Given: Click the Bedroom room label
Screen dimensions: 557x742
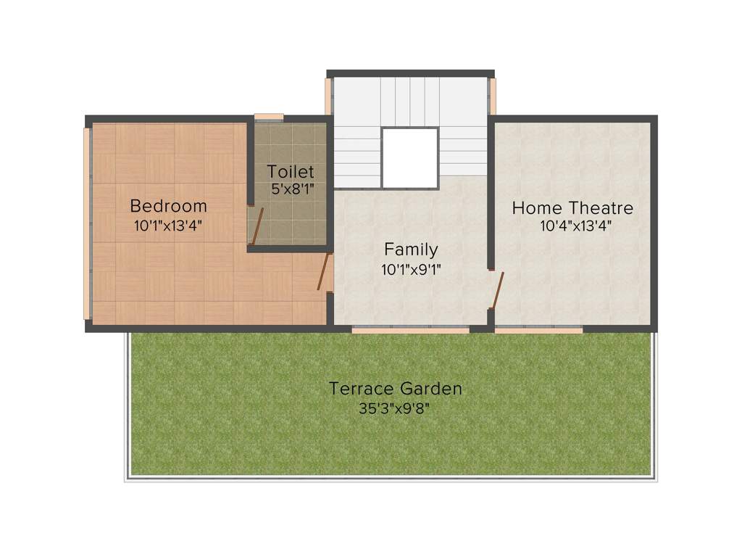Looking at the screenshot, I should [x=168, y=206].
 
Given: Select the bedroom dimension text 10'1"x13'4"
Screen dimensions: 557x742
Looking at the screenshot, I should [x=168, y=226].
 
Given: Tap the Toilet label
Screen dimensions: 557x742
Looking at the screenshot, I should [x=291, y=172].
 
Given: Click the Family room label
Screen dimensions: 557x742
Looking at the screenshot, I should [x=411, y=249].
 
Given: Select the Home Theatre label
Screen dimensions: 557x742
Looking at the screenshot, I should [x=572, y=208].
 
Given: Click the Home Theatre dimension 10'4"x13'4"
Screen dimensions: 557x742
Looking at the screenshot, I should [x=576, y=226].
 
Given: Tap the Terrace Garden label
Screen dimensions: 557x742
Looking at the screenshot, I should [x=395, y=389].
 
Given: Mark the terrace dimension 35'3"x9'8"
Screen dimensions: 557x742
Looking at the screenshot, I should [x=396, y=408].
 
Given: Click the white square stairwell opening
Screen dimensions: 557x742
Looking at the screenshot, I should [x=410, y=158].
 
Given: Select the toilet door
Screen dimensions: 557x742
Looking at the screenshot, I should [x=256, y=225].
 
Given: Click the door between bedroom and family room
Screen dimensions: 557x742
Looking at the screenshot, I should [x=324, y=272].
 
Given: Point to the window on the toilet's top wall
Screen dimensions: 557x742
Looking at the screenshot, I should [x=269, y=116].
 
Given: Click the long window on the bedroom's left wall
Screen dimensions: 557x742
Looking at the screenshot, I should [x=87, y=223].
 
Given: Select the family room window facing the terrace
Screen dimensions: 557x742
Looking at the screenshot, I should [x=410, y=330].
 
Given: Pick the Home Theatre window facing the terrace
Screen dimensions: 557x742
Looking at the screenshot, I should [x=539, y=330].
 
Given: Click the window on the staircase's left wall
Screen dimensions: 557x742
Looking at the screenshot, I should [x=328, y=96].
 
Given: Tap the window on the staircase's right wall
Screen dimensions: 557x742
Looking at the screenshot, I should [x=493, y=96].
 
